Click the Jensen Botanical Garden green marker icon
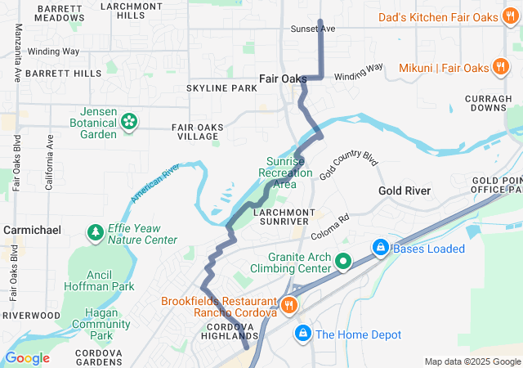point(129,122)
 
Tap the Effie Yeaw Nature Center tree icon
point(96,234)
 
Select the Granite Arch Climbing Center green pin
point(344,262)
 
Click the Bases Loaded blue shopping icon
point(380,247)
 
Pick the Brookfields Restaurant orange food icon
point(288,305)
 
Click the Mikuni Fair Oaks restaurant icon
point(500,67)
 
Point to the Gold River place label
point(405,191)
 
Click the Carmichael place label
point(32,231)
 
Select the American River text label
point(154,182)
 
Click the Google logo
point(28,357)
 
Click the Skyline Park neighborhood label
point(221,88)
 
